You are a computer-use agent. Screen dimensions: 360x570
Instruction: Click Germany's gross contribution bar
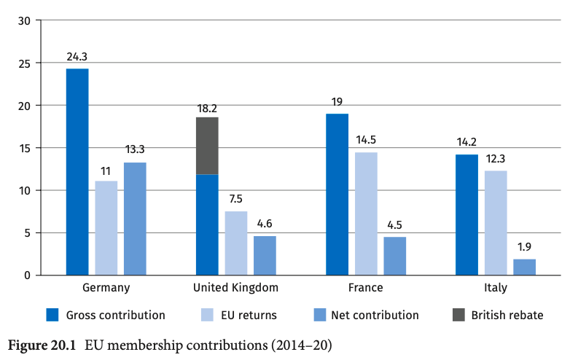tap(77, 172)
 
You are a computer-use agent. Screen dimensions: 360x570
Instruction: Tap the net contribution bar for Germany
tap(135, 219)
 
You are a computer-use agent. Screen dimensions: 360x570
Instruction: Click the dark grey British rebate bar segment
tap(207, 146)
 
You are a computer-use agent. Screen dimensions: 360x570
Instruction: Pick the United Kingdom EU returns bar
tap(236, 243)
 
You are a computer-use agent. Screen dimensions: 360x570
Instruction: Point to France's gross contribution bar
tap(337, 195)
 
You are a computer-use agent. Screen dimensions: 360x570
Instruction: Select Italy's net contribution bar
tap(524, 267)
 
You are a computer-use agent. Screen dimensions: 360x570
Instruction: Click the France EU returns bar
tap(366, 214)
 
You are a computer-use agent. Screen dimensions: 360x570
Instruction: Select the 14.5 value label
tap(366, 139)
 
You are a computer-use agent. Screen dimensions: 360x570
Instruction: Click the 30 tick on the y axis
tap(24, 20)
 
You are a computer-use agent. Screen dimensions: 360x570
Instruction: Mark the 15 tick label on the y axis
tap(24, 148)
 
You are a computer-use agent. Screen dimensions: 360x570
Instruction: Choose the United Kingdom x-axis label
tap(235, 288)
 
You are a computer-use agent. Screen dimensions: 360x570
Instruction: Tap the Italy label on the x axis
tap(496, 288)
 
